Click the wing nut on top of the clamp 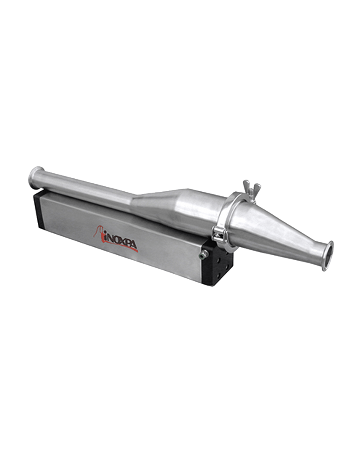coord(252,187)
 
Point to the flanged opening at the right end coord(328,255)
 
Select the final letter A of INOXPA coord(134,245)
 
